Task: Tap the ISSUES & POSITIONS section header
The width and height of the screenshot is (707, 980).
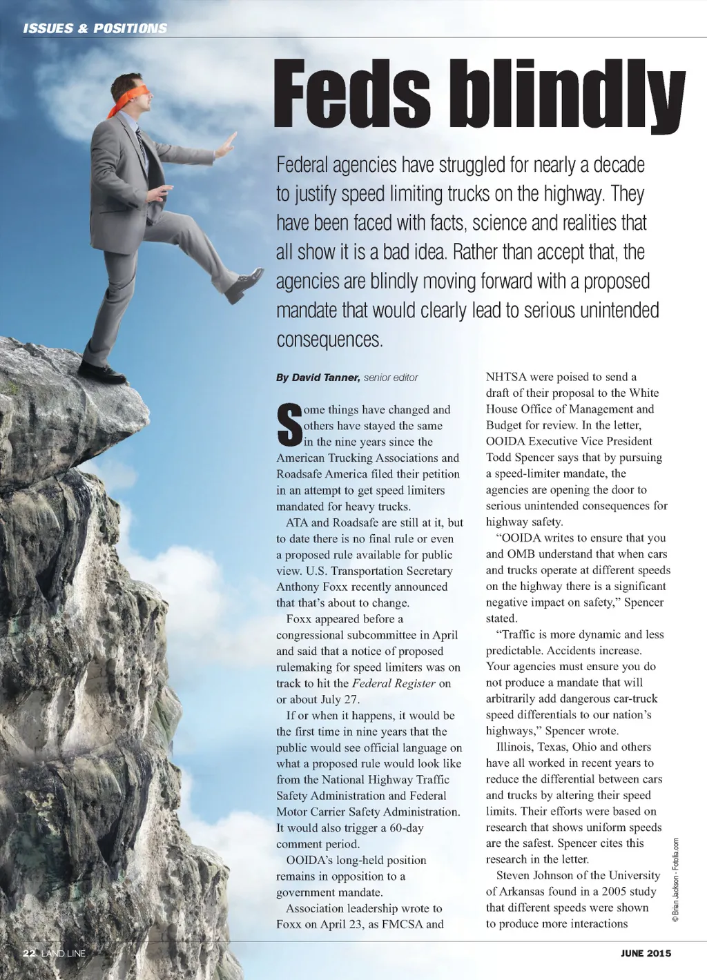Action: (x=95, y=28)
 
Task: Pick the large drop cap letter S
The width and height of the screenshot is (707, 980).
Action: (x=288, y=426)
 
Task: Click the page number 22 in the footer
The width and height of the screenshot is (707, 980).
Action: (x=29, y=954)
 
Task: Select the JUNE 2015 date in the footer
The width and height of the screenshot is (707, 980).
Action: (x=646, y=954)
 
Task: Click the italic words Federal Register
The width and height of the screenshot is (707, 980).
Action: (x=394, y=683)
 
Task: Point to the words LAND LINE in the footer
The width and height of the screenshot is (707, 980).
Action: (x=63, y=954)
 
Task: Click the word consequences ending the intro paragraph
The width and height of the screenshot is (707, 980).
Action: (x=329, y=340)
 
